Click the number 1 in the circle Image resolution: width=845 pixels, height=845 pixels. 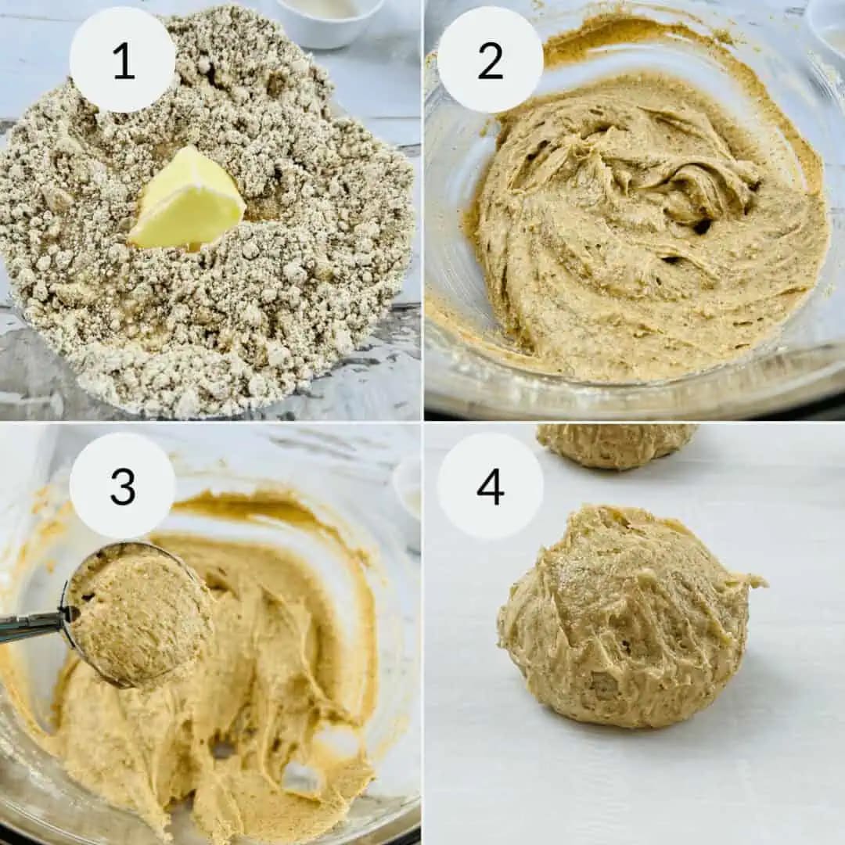point(124,61)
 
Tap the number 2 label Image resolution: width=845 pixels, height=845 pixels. point(491,61)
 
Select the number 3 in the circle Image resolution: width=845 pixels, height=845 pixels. point(123,486)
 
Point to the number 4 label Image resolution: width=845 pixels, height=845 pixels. point(491,486)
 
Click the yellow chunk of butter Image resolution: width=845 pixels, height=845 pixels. point(186,202)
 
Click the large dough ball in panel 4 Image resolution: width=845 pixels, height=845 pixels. point(627,617)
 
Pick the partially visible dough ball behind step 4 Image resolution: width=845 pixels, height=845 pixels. point(617,445)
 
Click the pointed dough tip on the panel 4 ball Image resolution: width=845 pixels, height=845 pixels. point(759,582)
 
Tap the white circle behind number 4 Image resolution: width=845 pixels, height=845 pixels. point(491,487)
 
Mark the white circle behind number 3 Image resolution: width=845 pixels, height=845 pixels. point(123,487)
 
